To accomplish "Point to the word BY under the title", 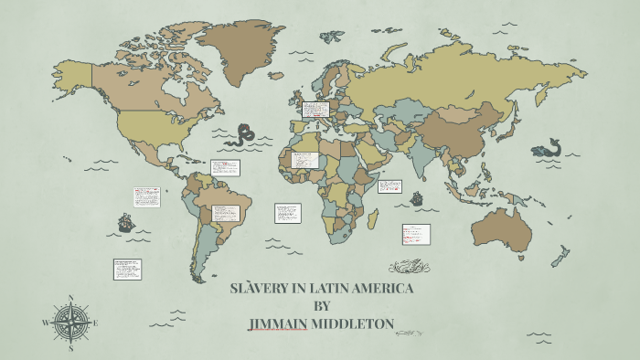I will tap(321, 306).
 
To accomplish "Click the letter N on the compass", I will tap(70, 298).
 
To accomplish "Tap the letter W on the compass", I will tap(46, 323).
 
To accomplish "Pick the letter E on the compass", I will tap(95, 323).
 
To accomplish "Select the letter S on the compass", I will tap(70, 348).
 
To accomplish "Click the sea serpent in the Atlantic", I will tap(242, 136).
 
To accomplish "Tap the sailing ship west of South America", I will tap(125, 222).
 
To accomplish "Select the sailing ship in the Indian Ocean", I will tap(417, 198).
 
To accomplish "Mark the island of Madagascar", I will tap(373, 219).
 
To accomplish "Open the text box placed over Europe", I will tap(315, 111).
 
